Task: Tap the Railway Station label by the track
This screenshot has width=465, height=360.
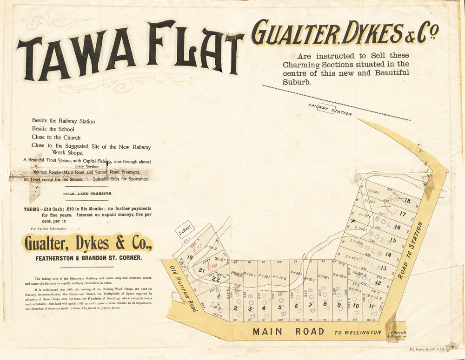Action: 330,110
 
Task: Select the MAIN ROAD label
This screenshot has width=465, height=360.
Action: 288,332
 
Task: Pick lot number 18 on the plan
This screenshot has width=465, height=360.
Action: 408,201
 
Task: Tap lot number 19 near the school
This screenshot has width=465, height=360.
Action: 190,257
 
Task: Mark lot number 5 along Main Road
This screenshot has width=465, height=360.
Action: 280,307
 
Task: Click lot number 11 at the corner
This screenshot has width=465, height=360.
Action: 371,306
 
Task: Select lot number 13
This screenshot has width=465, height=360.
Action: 384,268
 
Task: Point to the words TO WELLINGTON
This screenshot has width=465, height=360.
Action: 358,333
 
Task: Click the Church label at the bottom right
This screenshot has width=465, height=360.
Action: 398,333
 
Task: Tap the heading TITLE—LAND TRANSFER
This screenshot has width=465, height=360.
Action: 87,193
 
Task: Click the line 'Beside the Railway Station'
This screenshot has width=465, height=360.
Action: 63,121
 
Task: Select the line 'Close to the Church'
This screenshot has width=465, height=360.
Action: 56,137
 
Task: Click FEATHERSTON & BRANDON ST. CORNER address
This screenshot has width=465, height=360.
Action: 89,257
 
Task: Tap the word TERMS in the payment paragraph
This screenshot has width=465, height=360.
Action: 33,209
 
